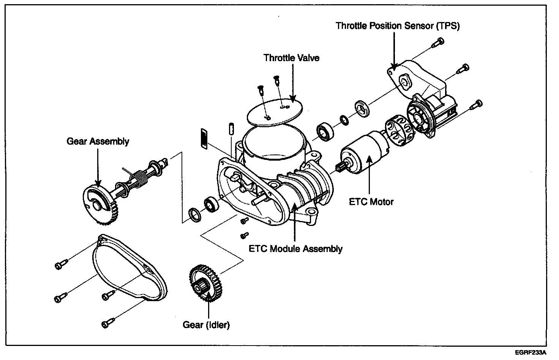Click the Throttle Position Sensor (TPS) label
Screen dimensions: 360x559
pyautogui.click(x=398, y=26)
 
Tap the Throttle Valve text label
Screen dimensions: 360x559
pyautogui.click(x=291, y=58)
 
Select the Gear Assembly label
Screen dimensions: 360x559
pyautogui.click(x=98, y=141)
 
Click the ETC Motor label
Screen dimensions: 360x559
pyautogui.click(x=371, y=201)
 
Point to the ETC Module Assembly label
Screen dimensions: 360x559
pyautogui.click(x=295, y=249)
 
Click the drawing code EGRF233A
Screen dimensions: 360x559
pyautogui.click(x=531, y=353)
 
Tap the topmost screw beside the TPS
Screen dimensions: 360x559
pyautogui.click(x=438, y=42)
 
